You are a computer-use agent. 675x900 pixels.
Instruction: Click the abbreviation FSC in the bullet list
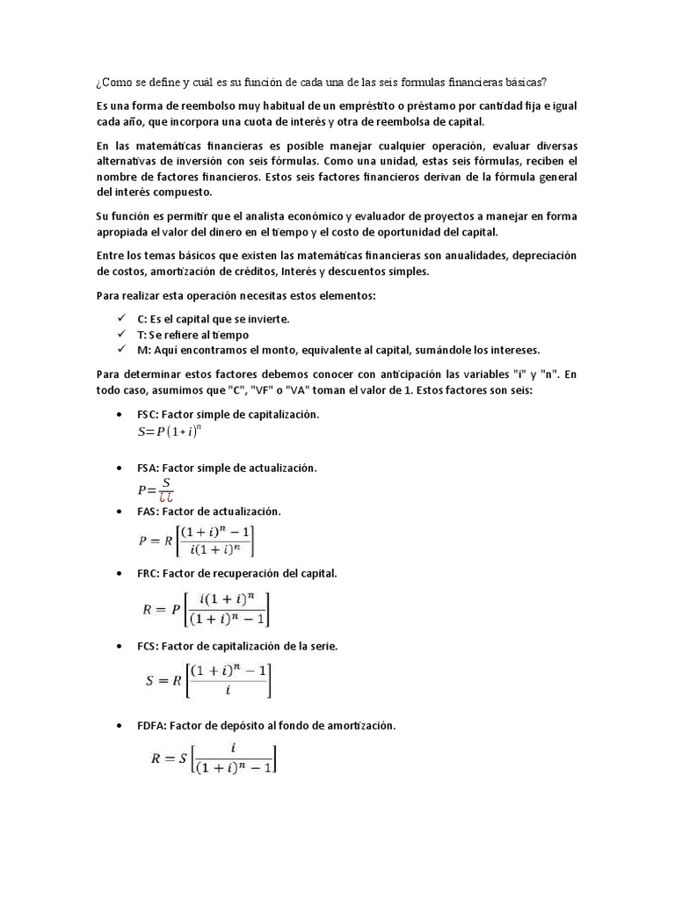click(148, 414)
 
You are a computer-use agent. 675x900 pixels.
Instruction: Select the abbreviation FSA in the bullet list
click(148, 468)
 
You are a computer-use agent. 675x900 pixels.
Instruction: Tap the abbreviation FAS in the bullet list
click(148, 511)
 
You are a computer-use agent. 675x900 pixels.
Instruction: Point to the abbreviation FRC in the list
click(148, 573)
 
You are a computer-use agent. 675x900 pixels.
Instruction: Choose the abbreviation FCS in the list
click(148, 646)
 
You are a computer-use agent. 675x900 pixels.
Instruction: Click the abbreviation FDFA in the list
click(151, 726)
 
